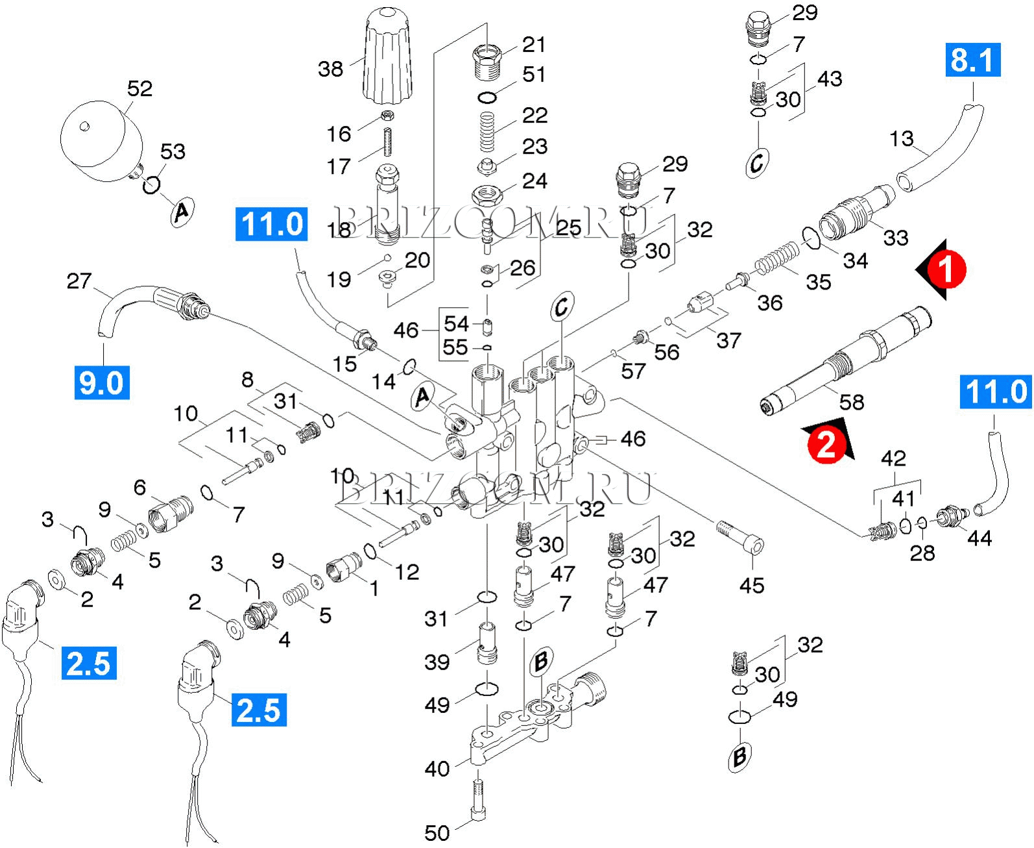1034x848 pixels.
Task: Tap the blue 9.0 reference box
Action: (x=101, y=382)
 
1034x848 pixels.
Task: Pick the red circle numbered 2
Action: (x=826, y=445)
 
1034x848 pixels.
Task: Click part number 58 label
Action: (x=852, y=402)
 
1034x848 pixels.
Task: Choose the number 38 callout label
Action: (x=330, y=68)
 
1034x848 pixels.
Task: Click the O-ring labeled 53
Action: (x=151, y=185)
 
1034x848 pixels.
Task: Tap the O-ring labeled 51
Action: (x=488, y=98)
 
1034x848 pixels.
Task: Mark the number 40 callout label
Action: (x=437, y=769)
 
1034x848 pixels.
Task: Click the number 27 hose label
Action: (x=79, y=281)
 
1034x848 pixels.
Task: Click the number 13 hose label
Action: (x=902, y=139)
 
